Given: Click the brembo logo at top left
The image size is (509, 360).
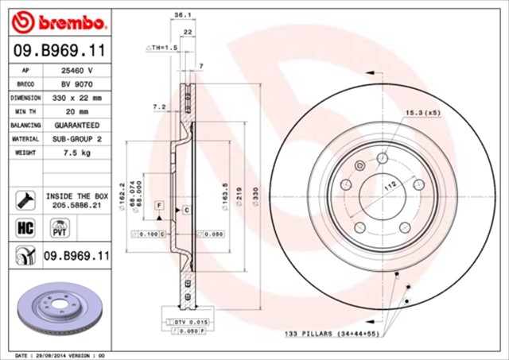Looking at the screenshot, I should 60,20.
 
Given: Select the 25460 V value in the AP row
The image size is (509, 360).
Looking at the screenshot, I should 77,70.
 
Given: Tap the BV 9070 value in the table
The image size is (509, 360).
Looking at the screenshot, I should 77,83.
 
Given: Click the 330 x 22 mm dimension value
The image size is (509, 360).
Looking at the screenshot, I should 77,97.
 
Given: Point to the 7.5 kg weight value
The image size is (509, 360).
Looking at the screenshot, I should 77,152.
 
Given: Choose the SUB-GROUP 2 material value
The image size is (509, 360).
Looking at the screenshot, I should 77,138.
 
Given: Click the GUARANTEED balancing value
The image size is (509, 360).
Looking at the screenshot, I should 77,125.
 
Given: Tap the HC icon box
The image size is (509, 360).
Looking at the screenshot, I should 23,228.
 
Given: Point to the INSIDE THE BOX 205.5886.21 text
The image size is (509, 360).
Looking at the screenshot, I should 77,199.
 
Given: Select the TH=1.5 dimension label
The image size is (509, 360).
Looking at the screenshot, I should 161,48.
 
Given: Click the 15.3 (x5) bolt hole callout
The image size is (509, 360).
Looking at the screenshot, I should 422,113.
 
